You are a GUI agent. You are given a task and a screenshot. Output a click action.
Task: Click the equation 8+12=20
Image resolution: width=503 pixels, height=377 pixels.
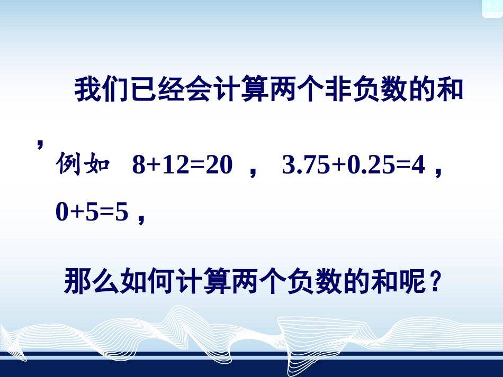(182, 167)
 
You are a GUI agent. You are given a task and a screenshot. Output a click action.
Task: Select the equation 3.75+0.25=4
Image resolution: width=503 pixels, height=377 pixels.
(354, 167)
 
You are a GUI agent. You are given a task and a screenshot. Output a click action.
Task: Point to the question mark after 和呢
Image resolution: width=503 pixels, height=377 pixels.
(434, 282)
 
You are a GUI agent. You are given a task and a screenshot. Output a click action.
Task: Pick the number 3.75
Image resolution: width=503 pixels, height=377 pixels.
(307, 167)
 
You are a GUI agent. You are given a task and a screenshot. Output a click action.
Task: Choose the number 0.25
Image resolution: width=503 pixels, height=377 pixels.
(370, 167)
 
